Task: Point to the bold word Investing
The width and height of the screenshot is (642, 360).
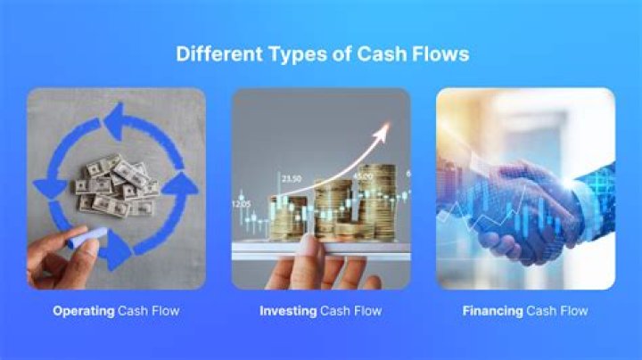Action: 287,311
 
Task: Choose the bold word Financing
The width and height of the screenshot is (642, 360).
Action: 492,311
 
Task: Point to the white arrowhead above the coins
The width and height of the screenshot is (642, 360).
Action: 383,132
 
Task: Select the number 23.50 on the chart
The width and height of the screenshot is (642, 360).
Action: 291,179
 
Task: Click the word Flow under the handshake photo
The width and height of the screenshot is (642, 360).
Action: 573,311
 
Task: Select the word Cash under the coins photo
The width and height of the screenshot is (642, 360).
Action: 338,311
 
